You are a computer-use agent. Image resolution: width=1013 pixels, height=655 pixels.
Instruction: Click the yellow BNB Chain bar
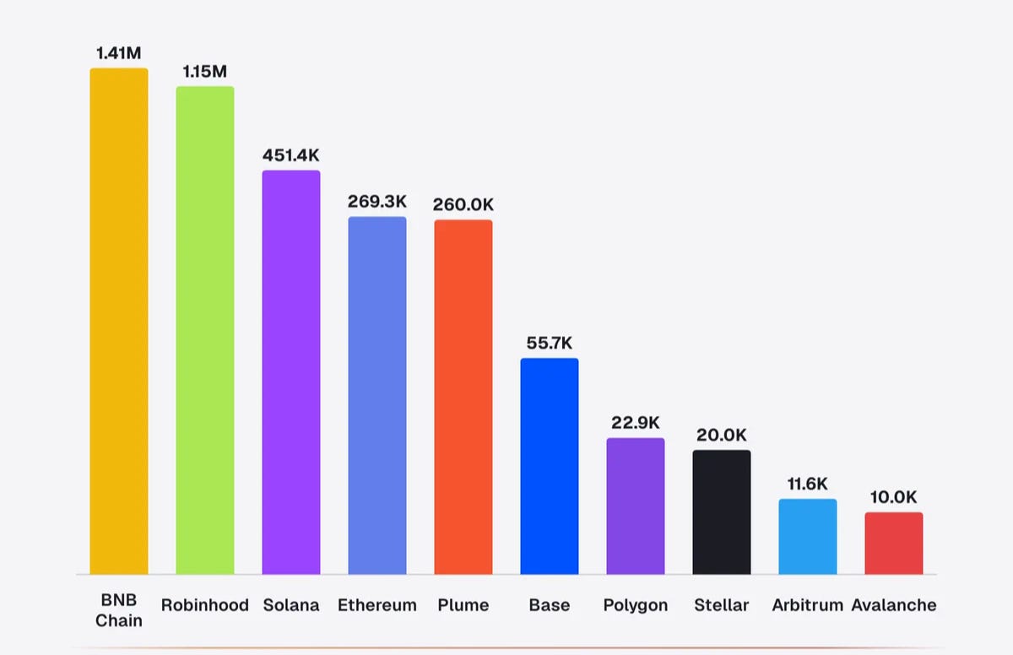(x=119, y=322)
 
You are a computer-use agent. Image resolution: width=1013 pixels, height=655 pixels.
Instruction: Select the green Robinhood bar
(x=205, y=330)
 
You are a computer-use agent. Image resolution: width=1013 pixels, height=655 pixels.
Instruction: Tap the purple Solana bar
(x=291, y=372)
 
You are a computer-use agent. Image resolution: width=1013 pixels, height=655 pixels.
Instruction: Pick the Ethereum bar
(x=377, y=396)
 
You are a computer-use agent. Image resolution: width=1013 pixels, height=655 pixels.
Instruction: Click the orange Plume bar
(x=463, y=398)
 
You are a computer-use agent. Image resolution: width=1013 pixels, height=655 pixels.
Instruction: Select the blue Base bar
(x=550, y=467)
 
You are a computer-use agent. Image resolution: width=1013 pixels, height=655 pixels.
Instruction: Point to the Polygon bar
(x=636, y=506)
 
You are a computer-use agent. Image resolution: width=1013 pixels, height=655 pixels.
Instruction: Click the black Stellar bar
(x=722, y=512)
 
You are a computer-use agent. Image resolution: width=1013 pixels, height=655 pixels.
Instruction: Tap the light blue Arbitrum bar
(x=808, y=537)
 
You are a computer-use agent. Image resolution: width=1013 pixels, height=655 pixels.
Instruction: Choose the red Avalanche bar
(x=894, y=544)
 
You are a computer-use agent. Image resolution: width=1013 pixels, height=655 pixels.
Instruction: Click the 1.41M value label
(x=119, y=53)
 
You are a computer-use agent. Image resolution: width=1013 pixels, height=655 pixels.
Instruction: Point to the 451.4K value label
(x=290, y=155)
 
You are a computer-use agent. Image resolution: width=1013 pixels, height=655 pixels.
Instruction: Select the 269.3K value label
(x=377, y=202)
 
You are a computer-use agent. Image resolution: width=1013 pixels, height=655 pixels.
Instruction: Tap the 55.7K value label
(x=550, y=343)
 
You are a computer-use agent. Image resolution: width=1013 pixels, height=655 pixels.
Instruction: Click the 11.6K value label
(x=808, y=484)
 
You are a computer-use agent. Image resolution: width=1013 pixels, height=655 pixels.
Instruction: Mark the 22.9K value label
(x=636, y=423)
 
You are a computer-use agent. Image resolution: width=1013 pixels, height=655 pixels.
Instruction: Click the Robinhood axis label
(x=205, y=605)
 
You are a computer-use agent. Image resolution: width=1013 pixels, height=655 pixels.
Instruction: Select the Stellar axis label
(x=722, y=605)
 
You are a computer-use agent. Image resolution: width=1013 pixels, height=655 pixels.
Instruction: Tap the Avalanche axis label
(x=894, y=605)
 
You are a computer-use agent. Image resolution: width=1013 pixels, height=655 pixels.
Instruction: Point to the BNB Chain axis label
(x=119, y=610)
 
